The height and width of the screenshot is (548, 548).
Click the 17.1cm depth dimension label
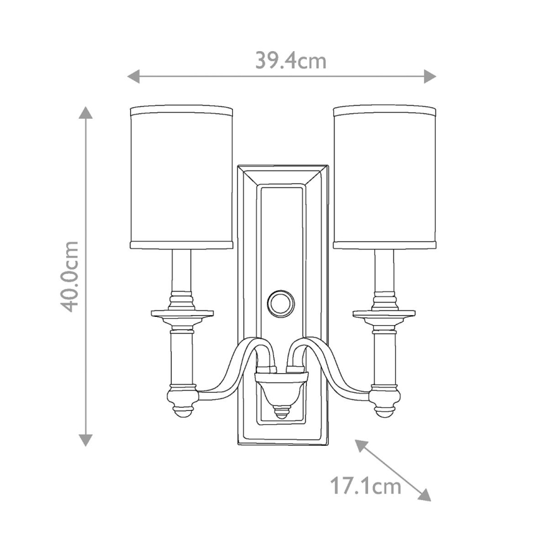coord(366,486)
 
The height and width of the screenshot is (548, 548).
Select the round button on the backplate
coord(281,303)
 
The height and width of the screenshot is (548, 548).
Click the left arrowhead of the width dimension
coord(133,76)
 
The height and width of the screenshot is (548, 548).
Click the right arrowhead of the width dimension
coord(430,76)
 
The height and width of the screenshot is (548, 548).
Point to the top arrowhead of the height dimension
coord(86,112)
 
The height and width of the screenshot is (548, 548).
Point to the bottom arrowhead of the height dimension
coord(86,440)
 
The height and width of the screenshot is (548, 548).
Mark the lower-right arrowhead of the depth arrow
coord(424,494)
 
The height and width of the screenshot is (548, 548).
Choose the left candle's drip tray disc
coord(182,313)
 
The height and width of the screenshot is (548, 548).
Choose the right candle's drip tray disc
coord(384,313)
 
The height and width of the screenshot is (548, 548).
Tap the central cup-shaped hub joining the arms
coord(281,386)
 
